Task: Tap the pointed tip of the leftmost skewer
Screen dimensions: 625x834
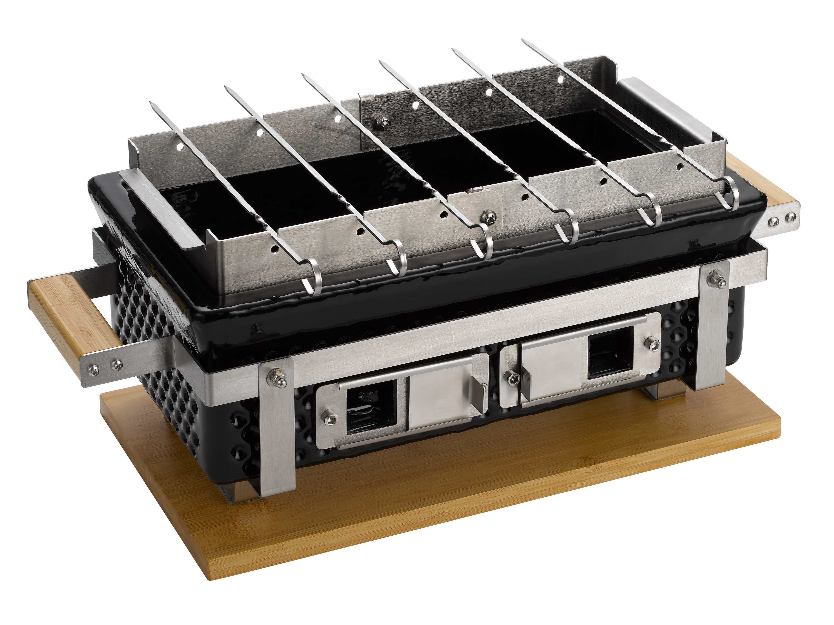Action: tap(150, 103)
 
